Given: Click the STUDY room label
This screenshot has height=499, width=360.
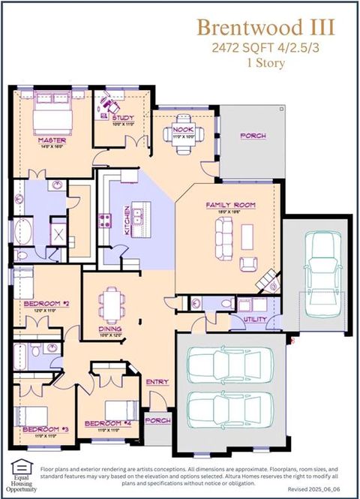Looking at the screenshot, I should [x=122, y=118].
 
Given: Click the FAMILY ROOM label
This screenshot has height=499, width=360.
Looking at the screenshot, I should [x=230, y=205].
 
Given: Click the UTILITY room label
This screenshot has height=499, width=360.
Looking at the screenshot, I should [x=256, y=319].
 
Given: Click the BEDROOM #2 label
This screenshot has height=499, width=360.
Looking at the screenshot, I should [x=46, y=303].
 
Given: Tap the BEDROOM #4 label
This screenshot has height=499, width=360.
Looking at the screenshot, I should [x=103, y=423].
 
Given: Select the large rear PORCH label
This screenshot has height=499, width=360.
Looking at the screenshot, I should [x=253, y=136].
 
